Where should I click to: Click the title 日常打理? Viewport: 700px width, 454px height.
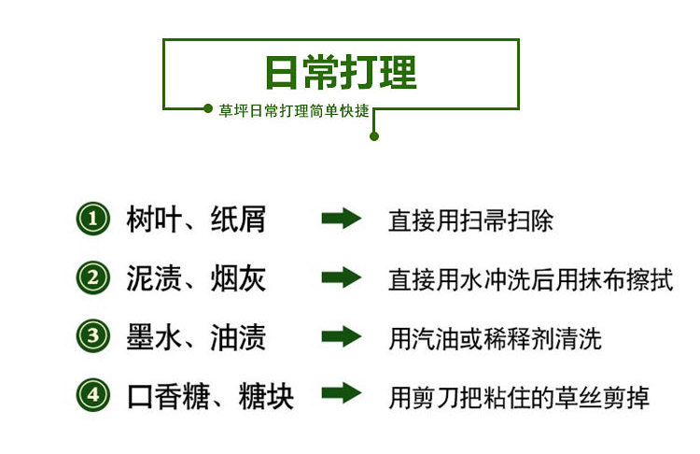[341, 72]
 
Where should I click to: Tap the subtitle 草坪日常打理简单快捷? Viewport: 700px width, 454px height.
[294, 110]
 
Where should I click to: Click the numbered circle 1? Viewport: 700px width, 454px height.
[92, 220]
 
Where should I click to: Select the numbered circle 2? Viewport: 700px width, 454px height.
[92, 278]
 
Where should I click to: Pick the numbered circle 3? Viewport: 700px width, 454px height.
[92, 337]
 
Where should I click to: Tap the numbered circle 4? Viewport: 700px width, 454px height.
[92, 395]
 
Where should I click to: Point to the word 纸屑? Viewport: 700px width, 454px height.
[238, 220]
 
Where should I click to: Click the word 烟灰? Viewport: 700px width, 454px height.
[238, 278]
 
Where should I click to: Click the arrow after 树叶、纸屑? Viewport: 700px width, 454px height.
[341, 220]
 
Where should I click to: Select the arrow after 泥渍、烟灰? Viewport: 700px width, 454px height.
[341, 278]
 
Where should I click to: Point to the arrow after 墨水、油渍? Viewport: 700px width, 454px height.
[341, 337]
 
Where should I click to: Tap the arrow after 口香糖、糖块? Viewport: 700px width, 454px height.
[341, 394]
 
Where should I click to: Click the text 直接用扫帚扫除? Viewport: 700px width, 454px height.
[470, 221]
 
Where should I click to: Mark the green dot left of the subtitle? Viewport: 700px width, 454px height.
[208, 109]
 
